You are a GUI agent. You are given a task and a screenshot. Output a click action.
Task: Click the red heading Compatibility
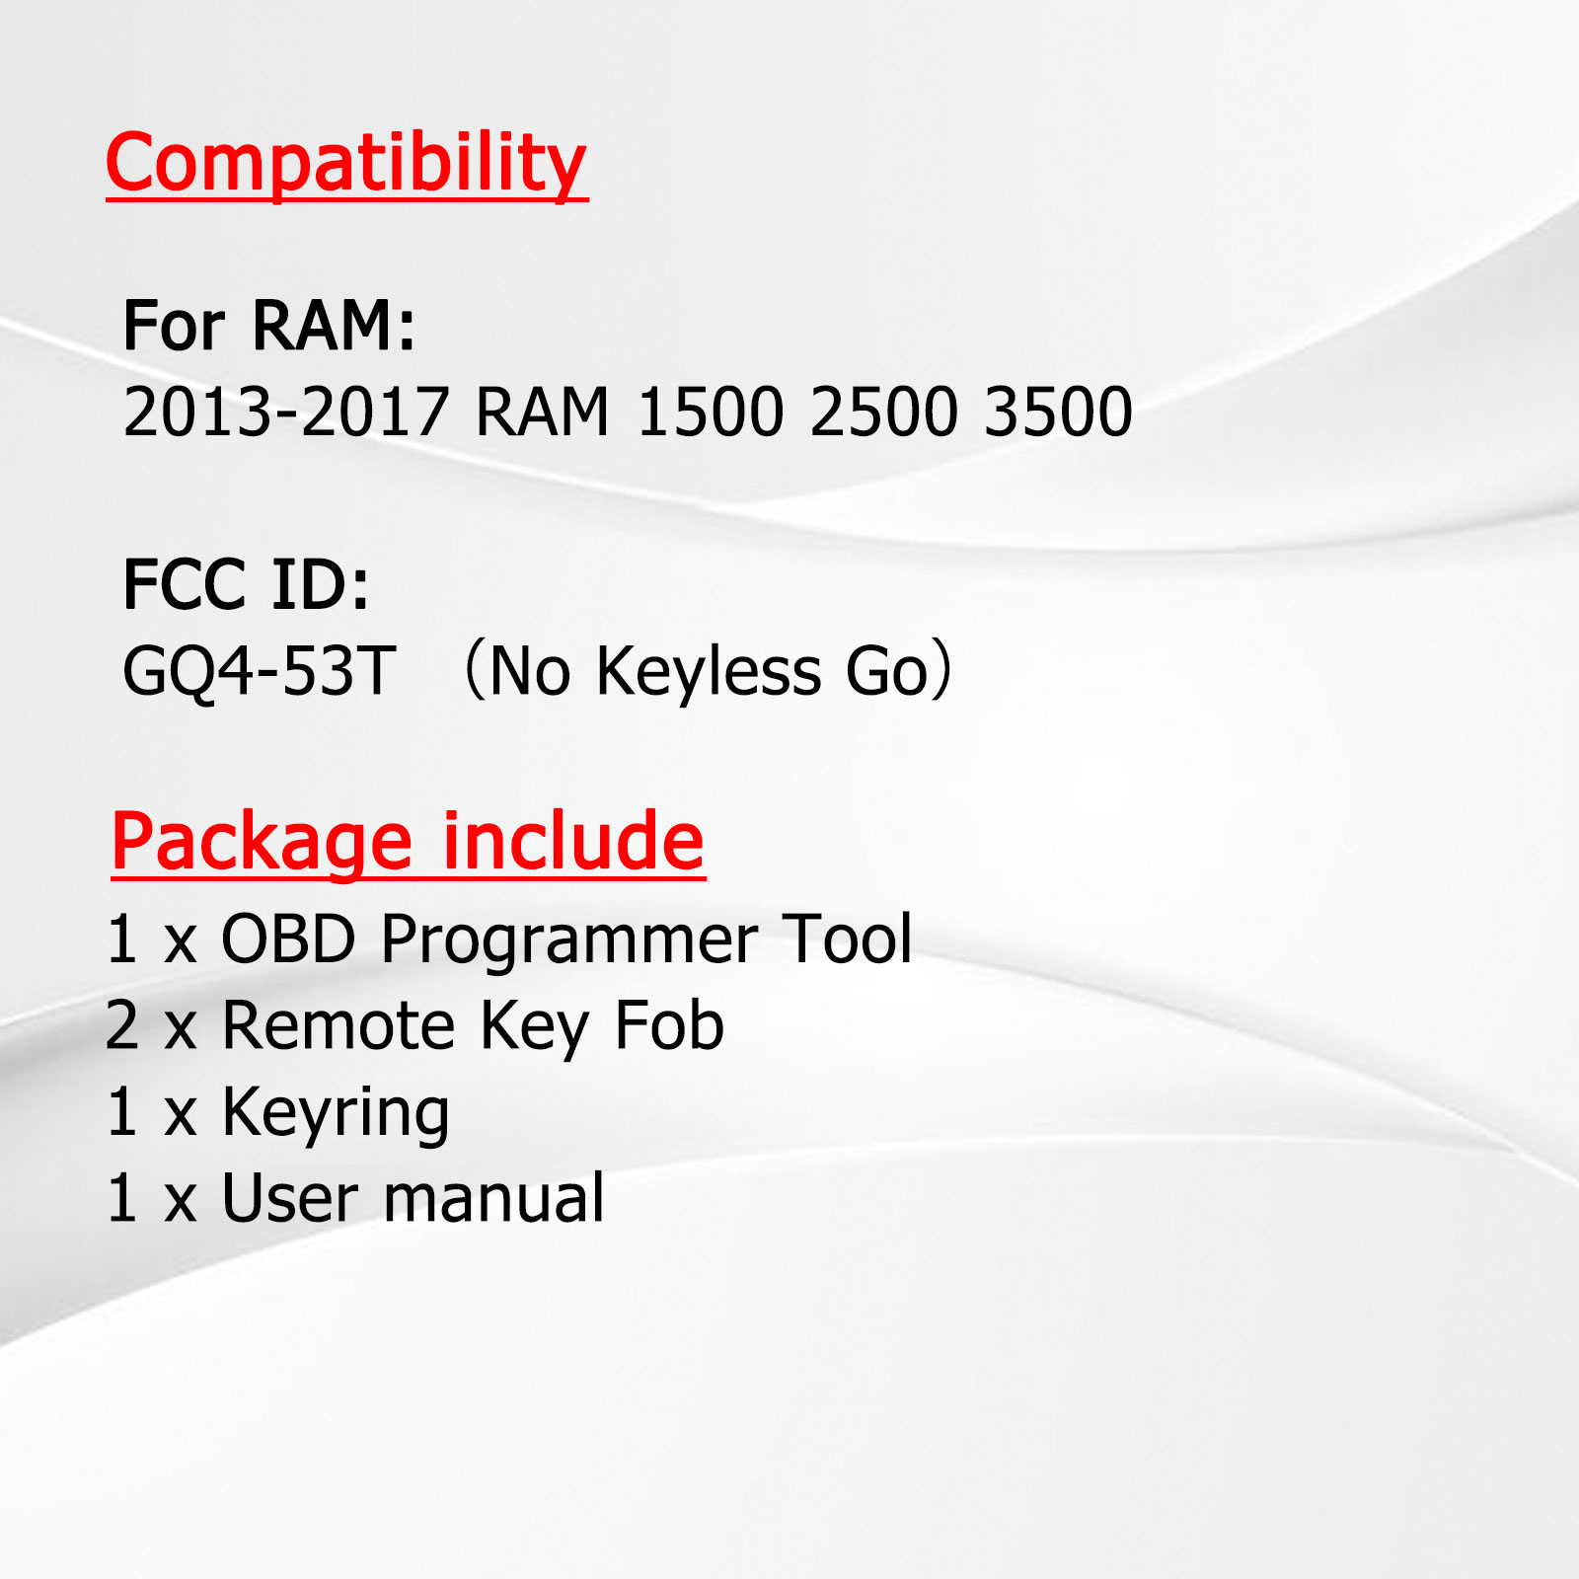click(x=346, y=164)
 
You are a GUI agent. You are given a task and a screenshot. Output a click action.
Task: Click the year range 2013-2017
click(x=286, y=412)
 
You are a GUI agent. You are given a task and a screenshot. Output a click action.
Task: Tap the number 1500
click(x=711, y=412)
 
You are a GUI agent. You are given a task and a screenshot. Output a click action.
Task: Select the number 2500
click(x=884, y=412)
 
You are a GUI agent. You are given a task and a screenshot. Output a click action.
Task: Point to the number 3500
click(x=1059, y=412)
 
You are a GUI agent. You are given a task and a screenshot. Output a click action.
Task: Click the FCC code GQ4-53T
click(x=260, y=671)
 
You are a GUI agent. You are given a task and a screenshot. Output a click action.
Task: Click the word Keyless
click(x=710, y=671)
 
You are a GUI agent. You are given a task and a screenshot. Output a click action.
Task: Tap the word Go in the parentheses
click(x=888, y=671)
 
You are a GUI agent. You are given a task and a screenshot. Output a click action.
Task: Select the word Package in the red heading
click(x=262, y=844)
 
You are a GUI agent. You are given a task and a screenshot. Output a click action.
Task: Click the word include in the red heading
click(x=573, y=841)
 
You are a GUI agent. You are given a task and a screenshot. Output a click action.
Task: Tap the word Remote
click(x=338, y=1025)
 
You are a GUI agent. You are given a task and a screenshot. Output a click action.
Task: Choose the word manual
click(x=494, y=1198)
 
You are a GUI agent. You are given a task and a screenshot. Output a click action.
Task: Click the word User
click(x=290, y=1199)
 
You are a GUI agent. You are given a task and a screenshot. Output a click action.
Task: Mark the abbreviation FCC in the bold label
click(x=184, y=584)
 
